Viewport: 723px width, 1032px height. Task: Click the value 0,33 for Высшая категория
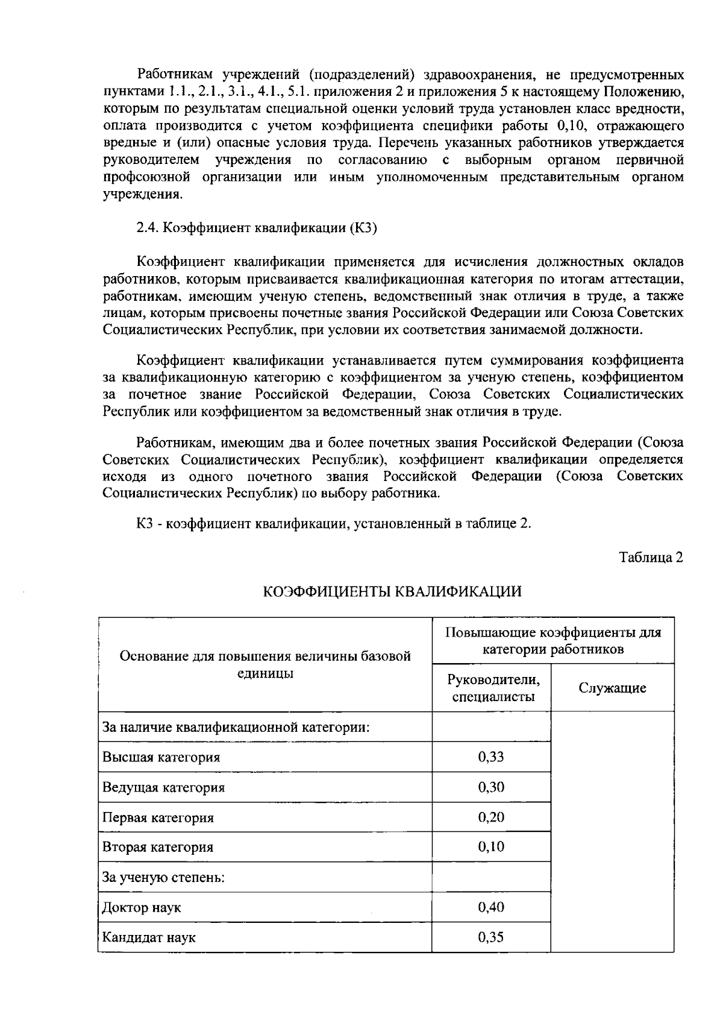click(491, 757)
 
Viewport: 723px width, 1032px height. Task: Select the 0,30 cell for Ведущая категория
click(491, 787)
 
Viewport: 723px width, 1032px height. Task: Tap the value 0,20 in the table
click(491, 817)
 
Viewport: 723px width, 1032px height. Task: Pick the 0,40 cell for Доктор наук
click(491, 907)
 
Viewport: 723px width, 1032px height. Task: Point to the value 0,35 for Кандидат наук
click(491, 937)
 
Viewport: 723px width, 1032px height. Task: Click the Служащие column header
click(612, 688)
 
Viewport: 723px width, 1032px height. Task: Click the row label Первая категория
click(158, 818)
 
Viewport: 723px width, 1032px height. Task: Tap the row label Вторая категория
click(158, 848)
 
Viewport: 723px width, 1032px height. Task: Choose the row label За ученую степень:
click(163, 878)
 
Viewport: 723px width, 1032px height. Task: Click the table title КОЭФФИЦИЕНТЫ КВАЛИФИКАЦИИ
click(392, 592)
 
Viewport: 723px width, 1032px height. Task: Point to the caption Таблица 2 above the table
click(651, 558)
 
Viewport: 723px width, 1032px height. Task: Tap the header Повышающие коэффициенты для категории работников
click(553, 641)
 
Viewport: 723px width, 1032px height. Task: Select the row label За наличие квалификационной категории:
click(236, 728)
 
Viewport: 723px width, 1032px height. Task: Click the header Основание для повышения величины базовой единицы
click(265, 664)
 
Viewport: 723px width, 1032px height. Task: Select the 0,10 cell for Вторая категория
click(491, 847)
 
